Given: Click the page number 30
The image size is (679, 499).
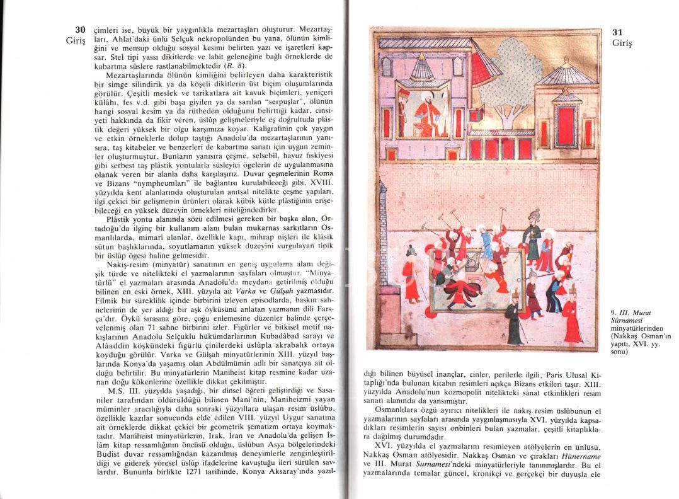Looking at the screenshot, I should coord(79,30).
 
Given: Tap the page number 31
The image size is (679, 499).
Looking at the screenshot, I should coord(618,32).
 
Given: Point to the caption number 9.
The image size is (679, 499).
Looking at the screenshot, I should coord(613,312).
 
